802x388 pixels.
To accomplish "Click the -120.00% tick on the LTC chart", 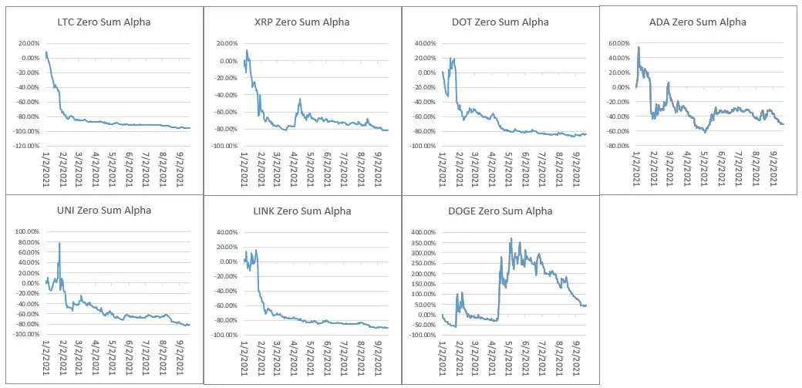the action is (26, 146).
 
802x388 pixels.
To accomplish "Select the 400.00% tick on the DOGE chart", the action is (423, 232).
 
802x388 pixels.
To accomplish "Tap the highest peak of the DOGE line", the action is (511, 238).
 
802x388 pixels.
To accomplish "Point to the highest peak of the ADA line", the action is (639, 47).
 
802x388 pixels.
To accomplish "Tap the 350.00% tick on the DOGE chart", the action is (423, 243).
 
